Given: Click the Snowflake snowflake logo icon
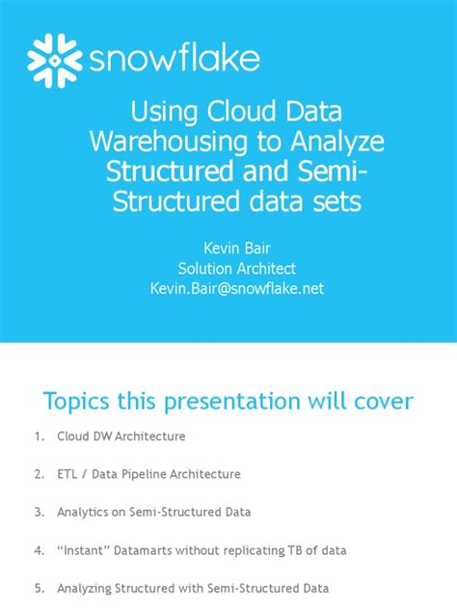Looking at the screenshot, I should [55, 60].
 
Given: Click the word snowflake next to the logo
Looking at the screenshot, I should [175, 60].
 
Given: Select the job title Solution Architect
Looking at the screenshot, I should [228, 268].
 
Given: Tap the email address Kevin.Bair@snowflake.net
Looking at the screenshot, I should [228, 288].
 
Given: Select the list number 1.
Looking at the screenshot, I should [39, 437].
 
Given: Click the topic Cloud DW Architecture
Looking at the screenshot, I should [121, 437].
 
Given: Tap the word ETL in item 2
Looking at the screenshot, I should [68, 474].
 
